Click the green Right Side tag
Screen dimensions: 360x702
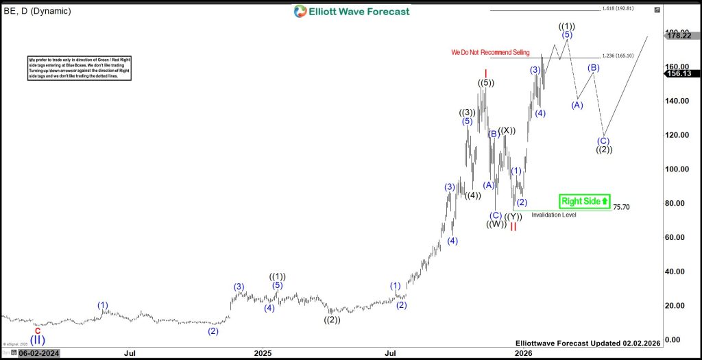pyautogui.click(x=584, y=201)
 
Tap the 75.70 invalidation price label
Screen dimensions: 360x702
pyautogui.click(x=621, y=206)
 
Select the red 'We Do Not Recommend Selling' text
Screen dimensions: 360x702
pyautogui.click(x=490, y=53)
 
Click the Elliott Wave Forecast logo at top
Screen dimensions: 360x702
pyautogui.click(x=352, y=11)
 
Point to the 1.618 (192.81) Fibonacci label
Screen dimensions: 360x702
pyautogui.click(x=617, y=9)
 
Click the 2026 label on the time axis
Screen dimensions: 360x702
pyautogui.click(x=524, y=353)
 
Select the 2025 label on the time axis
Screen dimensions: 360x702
pyautogui.click(x=263, y=353)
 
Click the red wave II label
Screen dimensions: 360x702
pyautogui.click(x=513, y=227)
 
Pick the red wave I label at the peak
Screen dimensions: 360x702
pyautogui.click(x=485, y=73)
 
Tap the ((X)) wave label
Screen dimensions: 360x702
pyautogui.click(x=507, y=131)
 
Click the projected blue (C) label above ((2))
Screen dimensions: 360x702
pyautogui.click(x=603, y=141)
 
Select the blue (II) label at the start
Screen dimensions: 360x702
pyautogui.click(x=38, y=339)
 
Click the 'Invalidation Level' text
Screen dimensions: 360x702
pyautogui.click(x=554, y=215)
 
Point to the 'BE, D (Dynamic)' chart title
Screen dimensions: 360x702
pyautogui.click(x=37, y=11)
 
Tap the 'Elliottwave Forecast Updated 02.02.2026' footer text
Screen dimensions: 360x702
pyautogui.click(x=588, y=342)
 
